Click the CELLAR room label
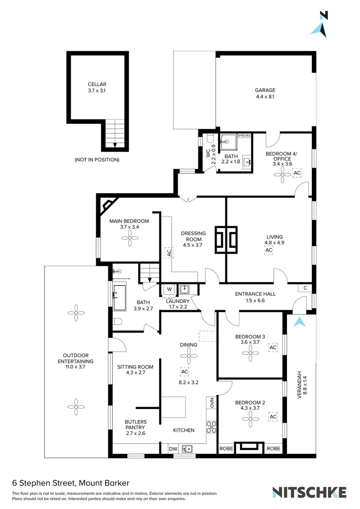[97, 84]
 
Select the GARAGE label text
[265, 90]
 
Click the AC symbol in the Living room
[269, 251]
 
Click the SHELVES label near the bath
[244, 135]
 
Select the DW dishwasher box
[172, 450]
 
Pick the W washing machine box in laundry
[168, 289]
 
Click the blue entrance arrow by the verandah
[299, 322]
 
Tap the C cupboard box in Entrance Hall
[305, 288]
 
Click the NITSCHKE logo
[310, 492]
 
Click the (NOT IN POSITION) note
[97, 160]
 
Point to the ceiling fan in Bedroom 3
[250, 355]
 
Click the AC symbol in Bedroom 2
[273, 417]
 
